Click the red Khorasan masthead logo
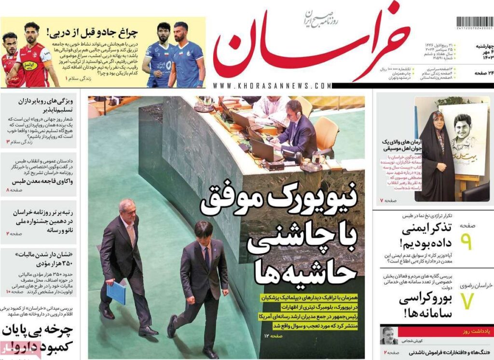(x=309, y=46)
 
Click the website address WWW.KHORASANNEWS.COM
(x=272, y=85)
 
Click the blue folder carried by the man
(x=116, y=292)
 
